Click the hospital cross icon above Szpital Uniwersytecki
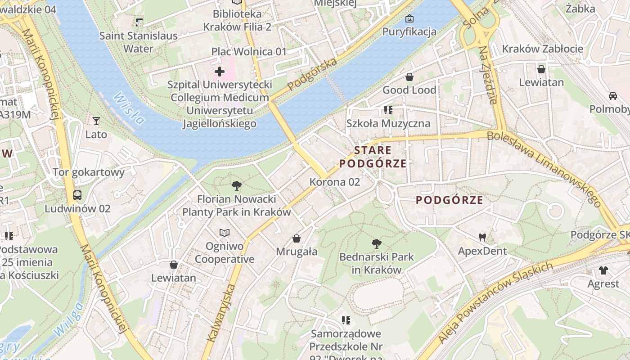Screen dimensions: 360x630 (x=220, y=72)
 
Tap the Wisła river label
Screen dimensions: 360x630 (x=129, y=108)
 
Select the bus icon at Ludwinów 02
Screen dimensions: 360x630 (x=77, y=195)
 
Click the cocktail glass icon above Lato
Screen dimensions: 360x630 (x=96, y=121)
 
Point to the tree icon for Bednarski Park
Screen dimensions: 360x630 (x=377, y=244)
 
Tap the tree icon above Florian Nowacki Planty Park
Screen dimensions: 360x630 (x=236, y=185)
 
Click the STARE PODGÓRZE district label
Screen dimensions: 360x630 (x=373, y=157)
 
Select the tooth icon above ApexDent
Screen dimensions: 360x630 (x=482, y=237)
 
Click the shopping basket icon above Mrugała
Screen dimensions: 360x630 (x=297, y=238)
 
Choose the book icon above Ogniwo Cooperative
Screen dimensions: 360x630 (x=224, y=233)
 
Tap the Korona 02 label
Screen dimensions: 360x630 (x=335, y=182)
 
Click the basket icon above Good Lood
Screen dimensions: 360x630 (x=409, y=77)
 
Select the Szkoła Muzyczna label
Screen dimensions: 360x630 (x=388, y=123)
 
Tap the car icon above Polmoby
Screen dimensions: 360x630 (x=612, y=95)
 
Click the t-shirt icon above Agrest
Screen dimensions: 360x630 (x=603, y=270)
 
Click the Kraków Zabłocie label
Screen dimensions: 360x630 (x=542, y=49)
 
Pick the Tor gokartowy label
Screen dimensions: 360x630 (x=88, y=172)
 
